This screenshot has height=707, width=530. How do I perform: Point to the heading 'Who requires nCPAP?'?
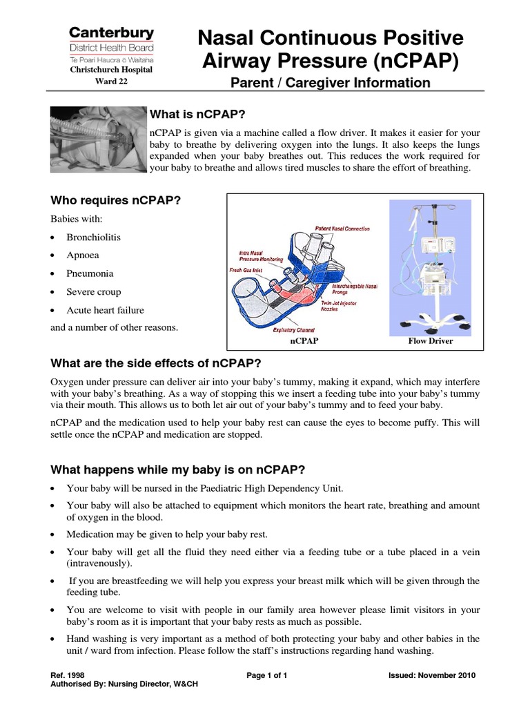click(115, 201)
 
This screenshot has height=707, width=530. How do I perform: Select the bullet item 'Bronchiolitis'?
click(93, 237)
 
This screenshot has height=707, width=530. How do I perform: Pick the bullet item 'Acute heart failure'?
click(105, 310)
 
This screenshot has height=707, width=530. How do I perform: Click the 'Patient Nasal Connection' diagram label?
click(342, 229)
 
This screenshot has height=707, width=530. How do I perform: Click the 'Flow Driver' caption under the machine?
click(431, 341)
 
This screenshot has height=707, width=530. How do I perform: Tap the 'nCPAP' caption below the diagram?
click(304, 341)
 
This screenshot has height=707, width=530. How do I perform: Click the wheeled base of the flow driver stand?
click(431, 320)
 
